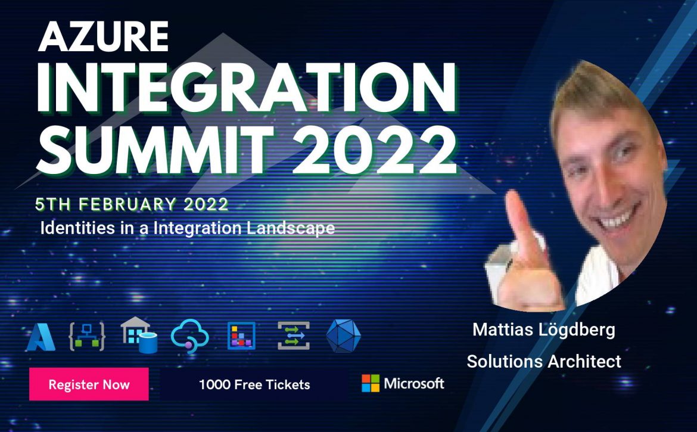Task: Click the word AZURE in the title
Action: coord(103,37)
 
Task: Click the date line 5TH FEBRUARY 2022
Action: coord(132,204)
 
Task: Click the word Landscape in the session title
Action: coord(290,228)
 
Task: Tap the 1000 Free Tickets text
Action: coord(254,384)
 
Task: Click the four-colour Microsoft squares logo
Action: coord(371,383)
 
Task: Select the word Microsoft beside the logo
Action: coord(414,383)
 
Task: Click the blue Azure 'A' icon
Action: coord(41,337)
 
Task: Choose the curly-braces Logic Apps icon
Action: coord(87,337)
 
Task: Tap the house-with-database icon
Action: coord(139,335)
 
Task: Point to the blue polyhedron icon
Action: coord(343,335)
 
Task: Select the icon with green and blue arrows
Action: coord(293,336)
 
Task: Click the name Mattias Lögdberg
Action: coord(544,330)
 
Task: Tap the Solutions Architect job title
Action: coord(544,361)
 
